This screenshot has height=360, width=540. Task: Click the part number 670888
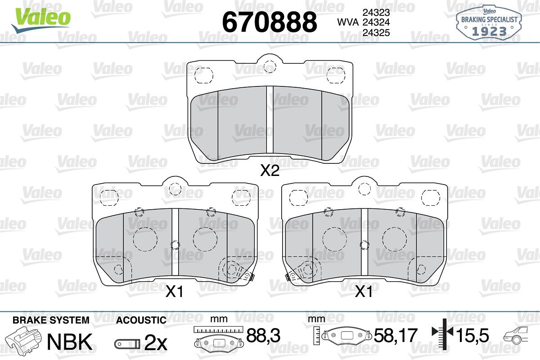click(x=270, y=22)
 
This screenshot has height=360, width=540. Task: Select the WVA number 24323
click(x=376, y=12)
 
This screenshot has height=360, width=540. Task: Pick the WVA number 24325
click(x=376, y=32)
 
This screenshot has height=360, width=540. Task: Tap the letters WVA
click(x=348, y=22)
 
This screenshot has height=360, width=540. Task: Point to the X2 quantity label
click(x=270, y=170)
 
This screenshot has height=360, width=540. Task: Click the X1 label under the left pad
click(x=174, y=292)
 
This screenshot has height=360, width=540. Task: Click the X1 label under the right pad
click(x=364, y=292)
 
